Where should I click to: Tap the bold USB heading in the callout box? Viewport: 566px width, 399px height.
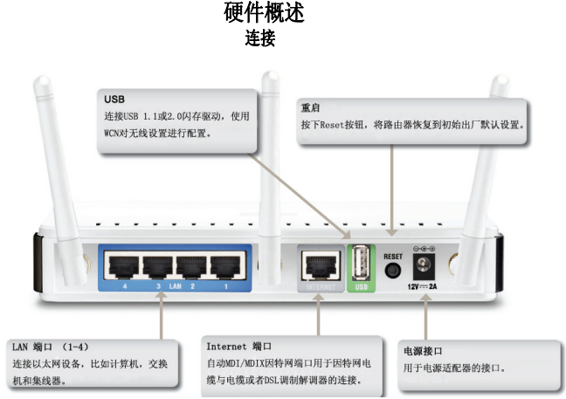click(114, 100)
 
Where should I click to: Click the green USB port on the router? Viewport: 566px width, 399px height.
click(360, 263)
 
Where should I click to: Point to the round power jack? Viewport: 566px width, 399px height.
click(427, 264)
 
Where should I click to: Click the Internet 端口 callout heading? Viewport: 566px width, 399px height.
click(237, 346)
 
